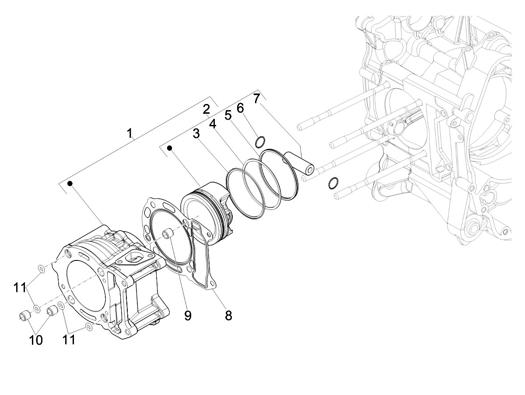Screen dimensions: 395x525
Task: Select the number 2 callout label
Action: point(206,109)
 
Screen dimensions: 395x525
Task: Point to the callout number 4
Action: point(213,124)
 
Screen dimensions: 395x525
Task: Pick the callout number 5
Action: point(227,115)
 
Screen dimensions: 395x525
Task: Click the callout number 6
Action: point(240,107)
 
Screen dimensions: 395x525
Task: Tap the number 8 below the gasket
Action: point(228,315)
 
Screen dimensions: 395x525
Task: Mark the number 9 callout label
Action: point(188,315)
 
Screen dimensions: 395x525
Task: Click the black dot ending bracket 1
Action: point(69,184)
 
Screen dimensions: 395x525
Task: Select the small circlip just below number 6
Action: point(260,141)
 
